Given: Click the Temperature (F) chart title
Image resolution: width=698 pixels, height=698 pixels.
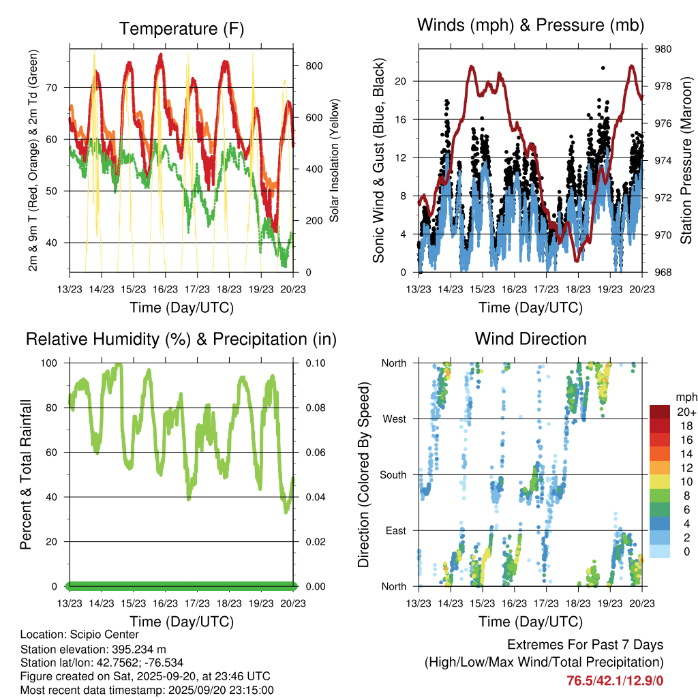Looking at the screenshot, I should point(181,29).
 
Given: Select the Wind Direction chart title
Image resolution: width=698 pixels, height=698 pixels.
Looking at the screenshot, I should point(530,339).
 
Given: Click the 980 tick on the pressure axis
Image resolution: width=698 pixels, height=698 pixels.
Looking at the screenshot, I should point(664,49).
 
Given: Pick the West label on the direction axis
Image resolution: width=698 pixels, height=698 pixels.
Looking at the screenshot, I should point(394,419).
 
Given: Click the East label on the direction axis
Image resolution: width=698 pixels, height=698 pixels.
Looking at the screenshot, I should point(395,530).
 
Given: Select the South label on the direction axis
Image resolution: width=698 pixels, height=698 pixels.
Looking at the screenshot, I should point(393,474).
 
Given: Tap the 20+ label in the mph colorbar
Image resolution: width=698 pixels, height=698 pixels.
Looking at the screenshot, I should point(686,412).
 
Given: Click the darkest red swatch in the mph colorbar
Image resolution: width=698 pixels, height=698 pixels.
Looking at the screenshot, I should point(661,412).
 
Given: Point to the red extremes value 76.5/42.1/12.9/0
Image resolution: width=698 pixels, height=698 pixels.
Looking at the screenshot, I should point(615,680).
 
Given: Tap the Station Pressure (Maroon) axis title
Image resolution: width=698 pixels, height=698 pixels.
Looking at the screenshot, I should point(686,160).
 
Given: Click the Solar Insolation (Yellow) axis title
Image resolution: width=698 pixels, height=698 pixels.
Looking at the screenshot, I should point(335,160).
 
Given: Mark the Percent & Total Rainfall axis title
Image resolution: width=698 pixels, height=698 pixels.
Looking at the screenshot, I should point(25,475).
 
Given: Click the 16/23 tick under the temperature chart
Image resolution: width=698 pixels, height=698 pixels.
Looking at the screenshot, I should point(165,289).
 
